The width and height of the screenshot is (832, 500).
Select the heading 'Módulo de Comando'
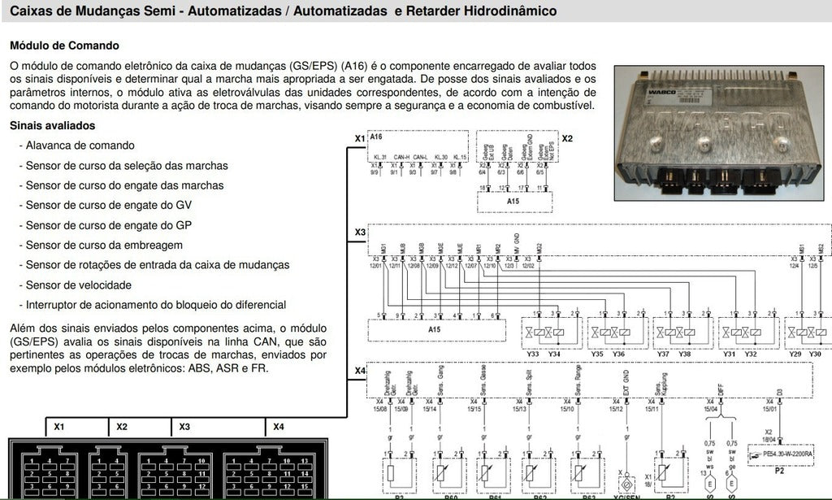tap(64, 46)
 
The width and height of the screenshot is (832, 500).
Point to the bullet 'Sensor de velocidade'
tap(79, 285)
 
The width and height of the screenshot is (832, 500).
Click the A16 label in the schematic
tap(375, 137)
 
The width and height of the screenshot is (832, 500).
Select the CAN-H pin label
tap(401, 158)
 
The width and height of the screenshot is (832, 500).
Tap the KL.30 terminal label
tap(441, 158)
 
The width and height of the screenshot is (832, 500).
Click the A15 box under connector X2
tap(513, 200)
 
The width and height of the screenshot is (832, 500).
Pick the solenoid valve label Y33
tap(532, 354)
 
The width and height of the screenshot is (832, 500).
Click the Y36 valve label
tap(619, 354)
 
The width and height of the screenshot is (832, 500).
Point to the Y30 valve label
tap(815, 354)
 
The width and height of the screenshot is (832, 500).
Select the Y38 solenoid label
tap(685, 354)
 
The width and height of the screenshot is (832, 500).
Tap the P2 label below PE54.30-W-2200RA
tap(778, 471)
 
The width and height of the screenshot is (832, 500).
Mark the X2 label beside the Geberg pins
tap(567, 138)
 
